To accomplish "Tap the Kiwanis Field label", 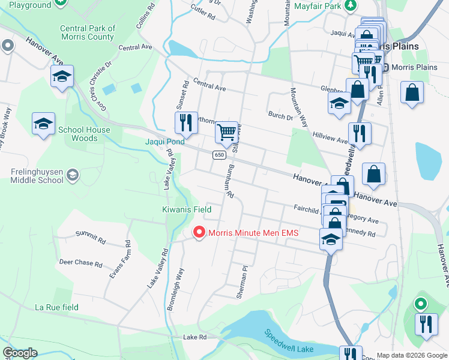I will pos(187,210).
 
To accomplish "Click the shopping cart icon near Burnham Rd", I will pos(226,131).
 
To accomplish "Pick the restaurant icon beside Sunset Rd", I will pos(186,122).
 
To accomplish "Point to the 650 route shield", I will pos(219,155).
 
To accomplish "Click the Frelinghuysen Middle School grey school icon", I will pos(73,175).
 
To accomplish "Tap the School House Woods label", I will pos(84,134).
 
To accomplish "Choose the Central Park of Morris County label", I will pos(88,32).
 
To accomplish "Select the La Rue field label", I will pos(56,307).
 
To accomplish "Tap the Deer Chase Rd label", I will pos(80,263).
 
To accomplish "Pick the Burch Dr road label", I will pos(280,115).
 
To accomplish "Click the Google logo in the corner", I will pos(20,353).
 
